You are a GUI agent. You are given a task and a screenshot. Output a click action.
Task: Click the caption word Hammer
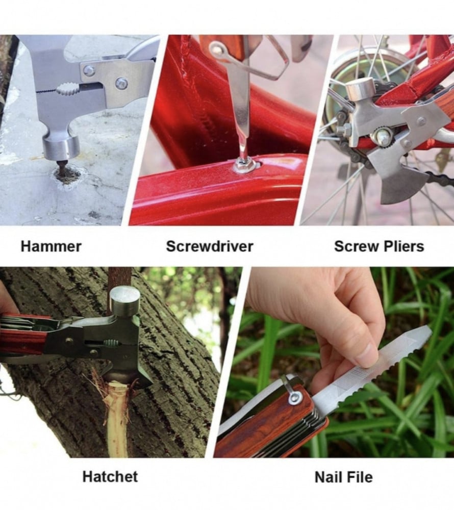(x=51, y=246)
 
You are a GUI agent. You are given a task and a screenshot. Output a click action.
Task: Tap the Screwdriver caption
(x=210, y=246)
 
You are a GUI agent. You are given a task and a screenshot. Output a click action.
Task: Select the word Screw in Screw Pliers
(x=356, y=246)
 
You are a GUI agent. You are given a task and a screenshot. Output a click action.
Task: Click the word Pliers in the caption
(x=403, y=246)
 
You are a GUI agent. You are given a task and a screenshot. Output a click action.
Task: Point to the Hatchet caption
(x=110, y=476)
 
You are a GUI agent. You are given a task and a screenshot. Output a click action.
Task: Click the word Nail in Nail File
(x=329, y=477)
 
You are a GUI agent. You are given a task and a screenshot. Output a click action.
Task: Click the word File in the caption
(x=360, y=477)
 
